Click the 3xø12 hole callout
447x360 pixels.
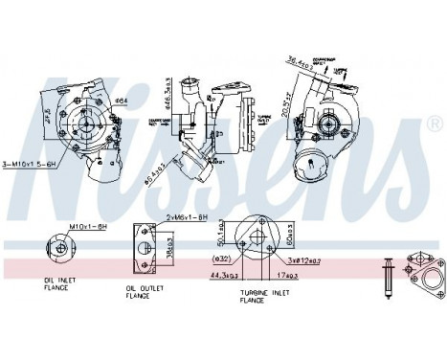pyautogui.click(x=305, y=260)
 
